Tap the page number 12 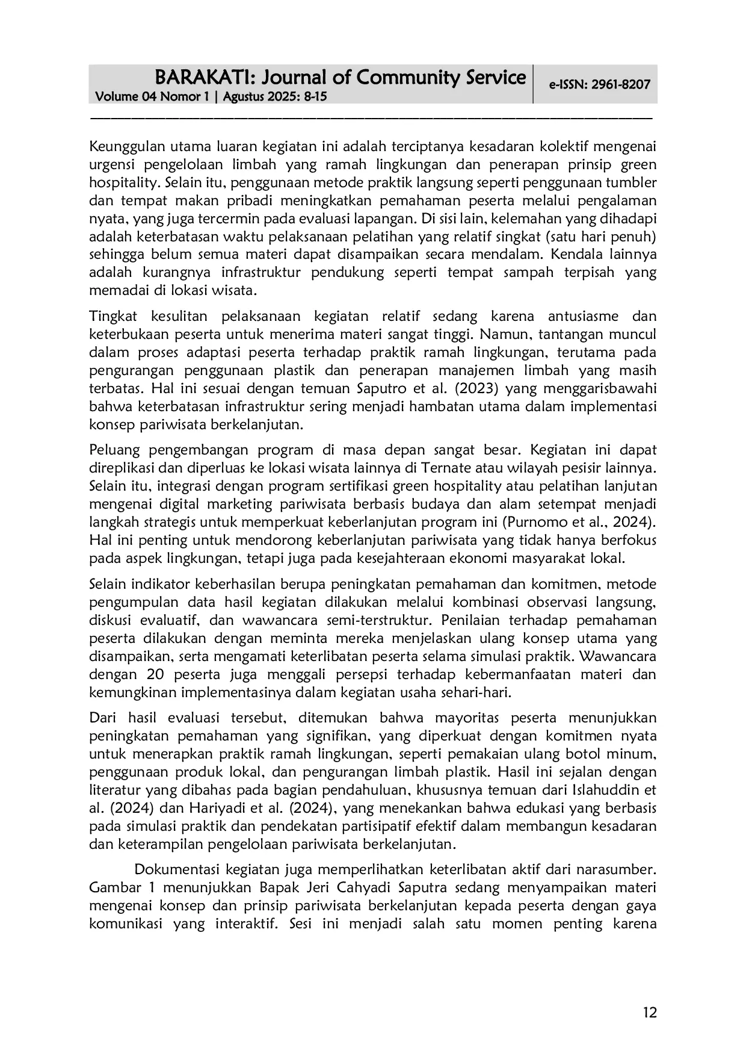click(650, 1012)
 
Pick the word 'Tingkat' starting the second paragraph click(113, 317)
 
